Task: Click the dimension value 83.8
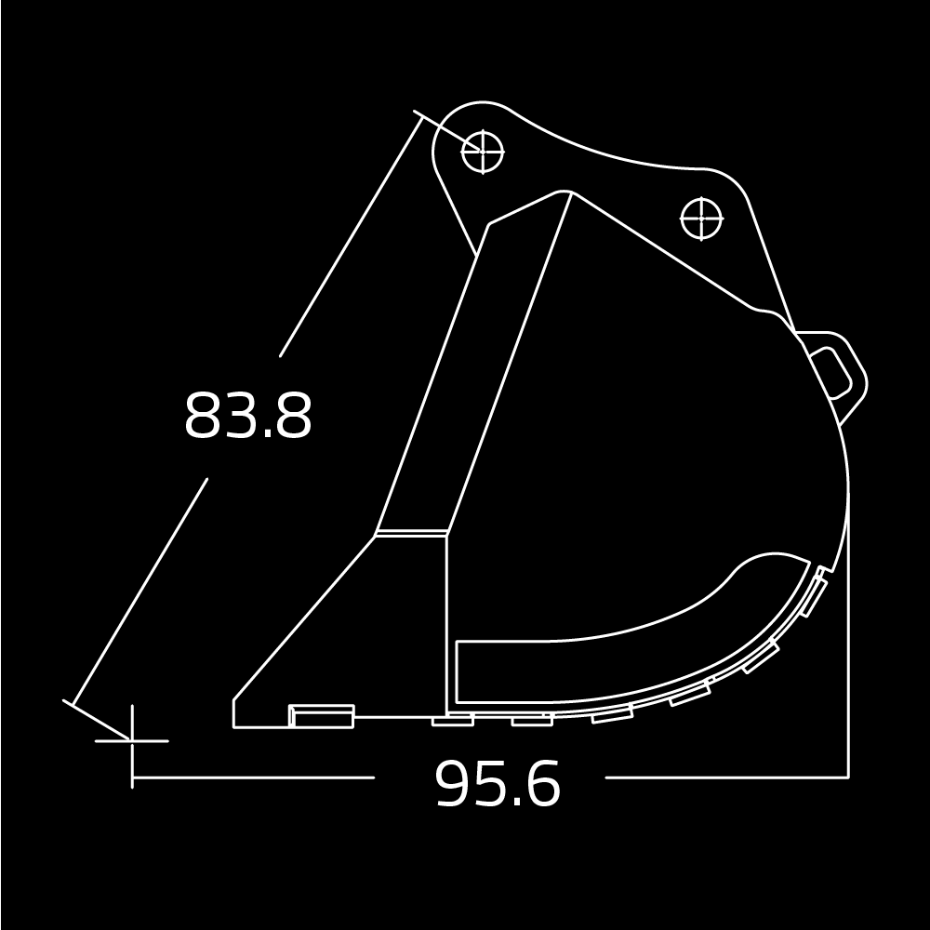click(x=248, y=415)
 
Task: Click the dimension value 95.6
click(x=498, y=783)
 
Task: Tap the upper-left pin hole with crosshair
click(x=483, y=152)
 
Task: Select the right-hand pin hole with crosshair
click(x=701, y=219)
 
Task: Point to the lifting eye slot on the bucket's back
click(x=832, y=374)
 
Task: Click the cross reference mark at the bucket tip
click(x=132, y=741)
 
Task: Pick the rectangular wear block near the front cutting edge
click(x=321, y=716)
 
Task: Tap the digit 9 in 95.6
click(x=456, y=783)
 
